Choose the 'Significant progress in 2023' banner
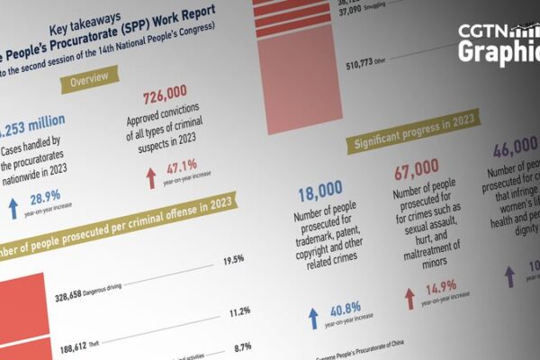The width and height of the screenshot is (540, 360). (413, 130)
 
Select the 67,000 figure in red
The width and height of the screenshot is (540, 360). (416, 167)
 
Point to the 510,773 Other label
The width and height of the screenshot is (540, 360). (363, 66)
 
